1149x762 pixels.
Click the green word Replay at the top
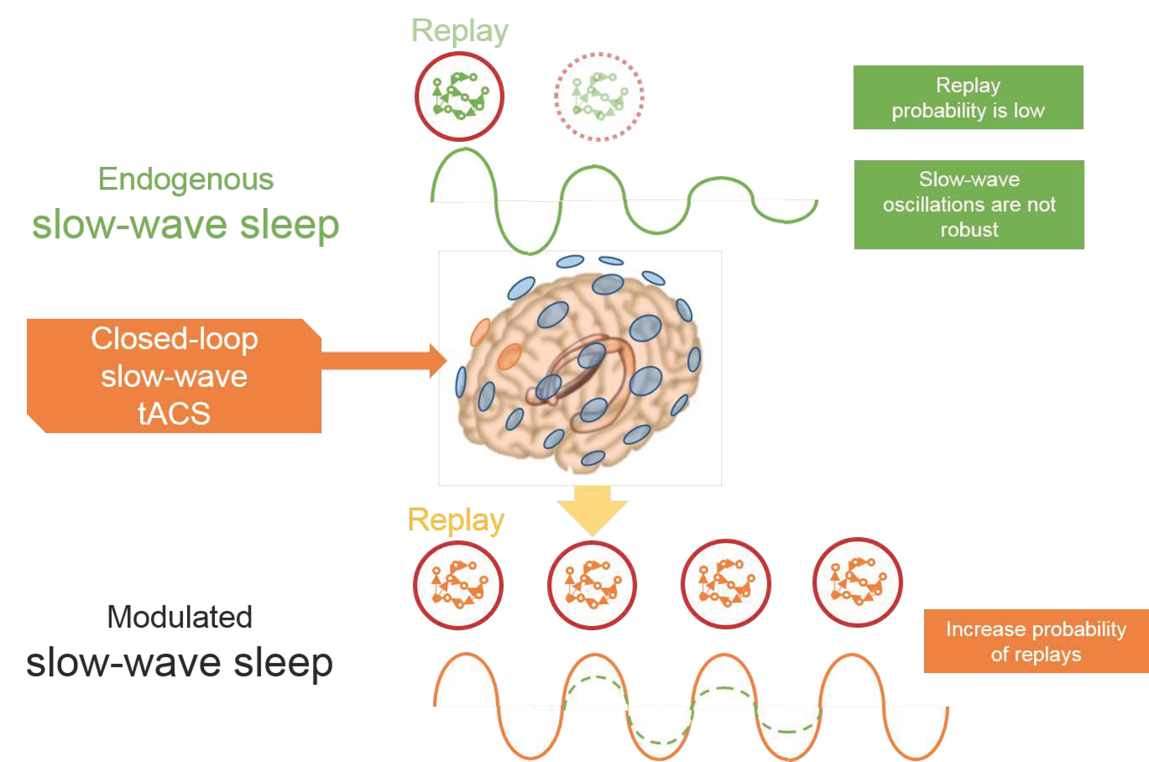click(x=460, y=32)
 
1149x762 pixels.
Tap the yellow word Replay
click(x=456, y=521)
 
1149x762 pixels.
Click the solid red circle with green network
click(x=459, y=53)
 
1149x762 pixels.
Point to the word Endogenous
click(x=186, y=180)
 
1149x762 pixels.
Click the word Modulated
click(x=180, y=617)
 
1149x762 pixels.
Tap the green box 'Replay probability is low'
click(x=968, y=97)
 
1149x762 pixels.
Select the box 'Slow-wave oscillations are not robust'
click(x=969, y=205)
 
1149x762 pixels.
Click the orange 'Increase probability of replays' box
click(x=1036, y=641)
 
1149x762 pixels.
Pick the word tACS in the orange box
click(x=174, y=414)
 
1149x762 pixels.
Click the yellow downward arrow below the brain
click(x=592, y=510)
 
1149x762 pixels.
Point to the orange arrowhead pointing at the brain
click(x=438, y=361)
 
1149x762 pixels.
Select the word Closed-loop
click(x=174, y=339)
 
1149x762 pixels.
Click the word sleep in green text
click(x=290, y=226)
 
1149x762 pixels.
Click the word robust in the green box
click(x=969, y=229)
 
